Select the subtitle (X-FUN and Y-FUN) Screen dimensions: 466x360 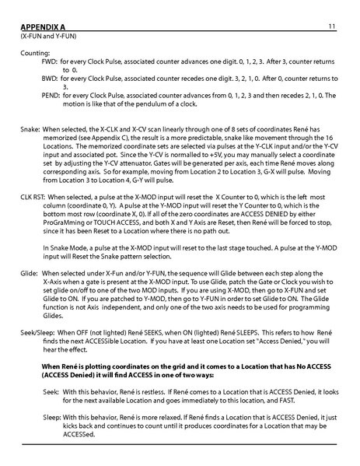[x=48, y=36]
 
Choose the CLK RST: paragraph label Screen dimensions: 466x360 [x=38, y=198]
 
